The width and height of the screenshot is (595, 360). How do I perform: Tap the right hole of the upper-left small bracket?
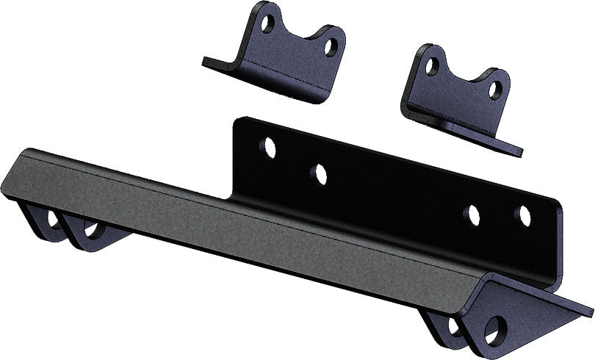click(x=331, y=48)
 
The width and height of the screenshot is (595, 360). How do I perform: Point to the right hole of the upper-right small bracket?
click(x=496, y=90)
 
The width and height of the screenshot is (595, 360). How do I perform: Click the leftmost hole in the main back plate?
click(x=268, y=148)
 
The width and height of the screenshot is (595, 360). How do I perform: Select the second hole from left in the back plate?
click(x=318, y=174)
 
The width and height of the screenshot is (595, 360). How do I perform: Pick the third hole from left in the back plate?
click(x=473, y=214)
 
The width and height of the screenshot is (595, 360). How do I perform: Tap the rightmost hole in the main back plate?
click(x=522, y=216)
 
